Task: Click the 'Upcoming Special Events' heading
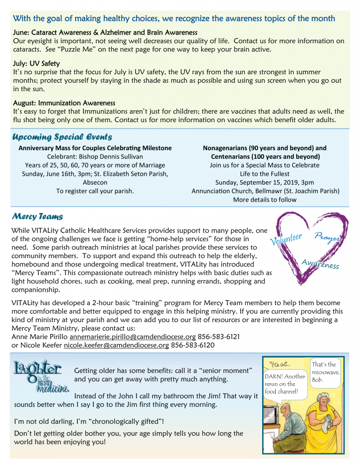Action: tap(62, 137)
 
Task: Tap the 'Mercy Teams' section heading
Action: tap(38, 215)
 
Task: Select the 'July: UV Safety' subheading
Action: tap(36, 64)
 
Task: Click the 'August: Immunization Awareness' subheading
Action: tap(64, 103)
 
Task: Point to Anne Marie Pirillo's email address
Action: tap(132, 337)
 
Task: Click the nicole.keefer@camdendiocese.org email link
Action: tap(116, 345)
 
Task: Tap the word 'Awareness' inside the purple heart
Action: tap(320, 263)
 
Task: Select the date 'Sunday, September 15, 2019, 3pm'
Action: tap(264, 182)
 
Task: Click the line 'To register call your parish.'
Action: tap(95, 191)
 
